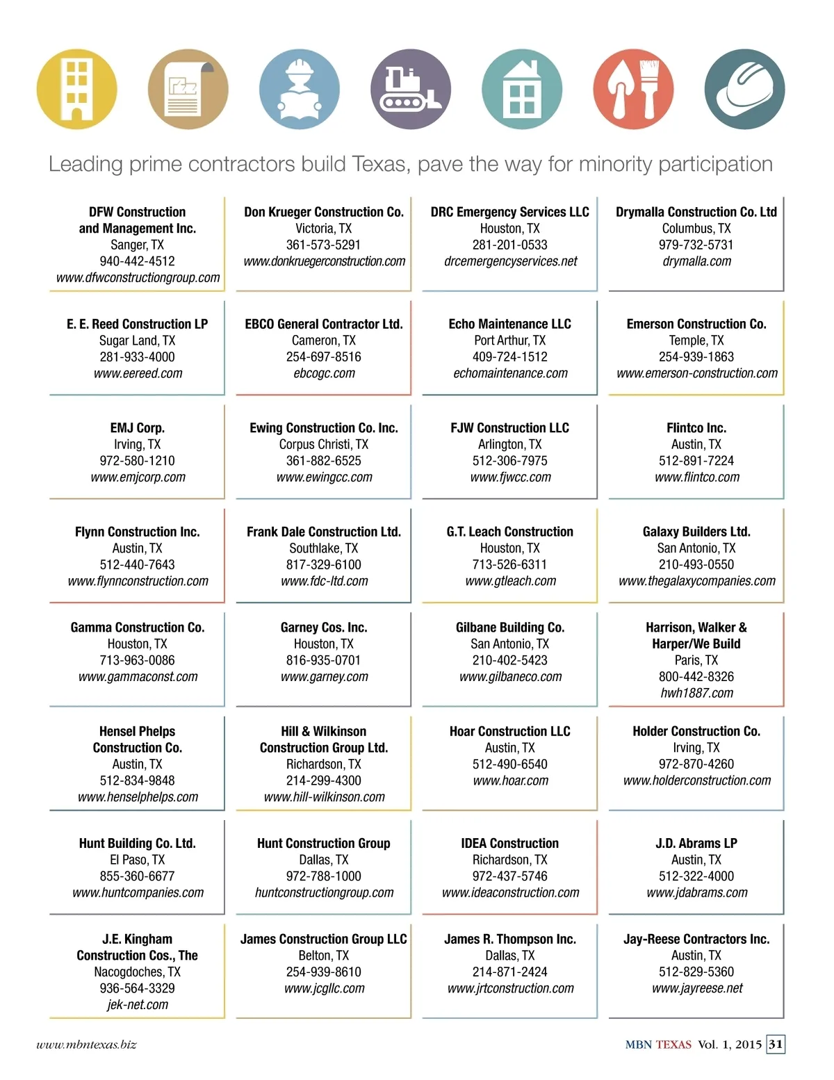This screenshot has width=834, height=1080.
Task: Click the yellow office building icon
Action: (x=76, y=89)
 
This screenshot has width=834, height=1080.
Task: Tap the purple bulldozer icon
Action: (x=411, y=89)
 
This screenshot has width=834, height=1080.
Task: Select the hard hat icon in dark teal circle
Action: (x=744, y=89)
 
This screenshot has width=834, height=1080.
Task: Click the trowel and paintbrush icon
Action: (x=633, y=89)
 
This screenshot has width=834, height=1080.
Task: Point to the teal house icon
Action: (x=522, y=89)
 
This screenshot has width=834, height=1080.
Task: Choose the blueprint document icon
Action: (x=188, y=89)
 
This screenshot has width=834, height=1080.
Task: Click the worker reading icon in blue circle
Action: (x=300, y=89)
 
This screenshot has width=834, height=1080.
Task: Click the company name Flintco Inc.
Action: (x=696, y=428)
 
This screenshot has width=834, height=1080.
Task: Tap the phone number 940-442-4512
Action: (x=138, y=261)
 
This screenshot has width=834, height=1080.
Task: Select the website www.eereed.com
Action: (x=138, y=373)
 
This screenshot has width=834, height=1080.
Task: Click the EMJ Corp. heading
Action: (x=138, y=428)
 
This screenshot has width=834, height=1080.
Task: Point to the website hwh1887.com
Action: (x=696, y=693)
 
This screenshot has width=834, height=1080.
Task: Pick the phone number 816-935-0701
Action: (x=324, y=660)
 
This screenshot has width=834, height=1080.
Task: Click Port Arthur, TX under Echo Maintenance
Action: (x=510, y=341)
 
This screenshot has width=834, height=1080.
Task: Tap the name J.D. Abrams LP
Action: (x=696, y=843)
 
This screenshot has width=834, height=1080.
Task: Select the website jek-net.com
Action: (x=138, y=1004)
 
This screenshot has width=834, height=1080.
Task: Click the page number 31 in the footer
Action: (x=776, y=1044)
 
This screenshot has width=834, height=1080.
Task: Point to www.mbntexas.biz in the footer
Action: (x=86, y=1045)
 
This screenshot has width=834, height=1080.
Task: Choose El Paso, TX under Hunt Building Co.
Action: (x=138, y=860)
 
